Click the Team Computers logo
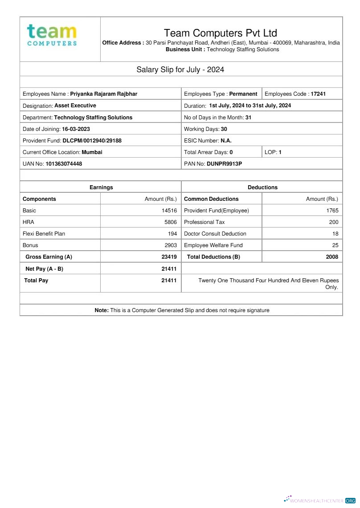pos(52,35)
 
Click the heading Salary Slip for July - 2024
pos(180,69)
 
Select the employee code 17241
pos(318,94)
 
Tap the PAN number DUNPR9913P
pos(224,164)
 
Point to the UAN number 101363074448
pos(64,164)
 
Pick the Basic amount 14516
pos(169,211)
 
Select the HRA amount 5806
pos(171,222)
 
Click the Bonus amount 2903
pos(171,245)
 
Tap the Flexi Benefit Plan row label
pos(44,234)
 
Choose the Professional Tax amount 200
pos(334,222)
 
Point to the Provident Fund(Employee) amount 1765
pos(332,211)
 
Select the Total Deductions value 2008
pos(332,257)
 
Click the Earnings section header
pos(101,187)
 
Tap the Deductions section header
pos(262,187)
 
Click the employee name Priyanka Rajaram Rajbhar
pos(104,94)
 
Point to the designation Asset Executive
pos(75,106)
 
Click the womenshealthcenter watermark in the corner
pos(319,500)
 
